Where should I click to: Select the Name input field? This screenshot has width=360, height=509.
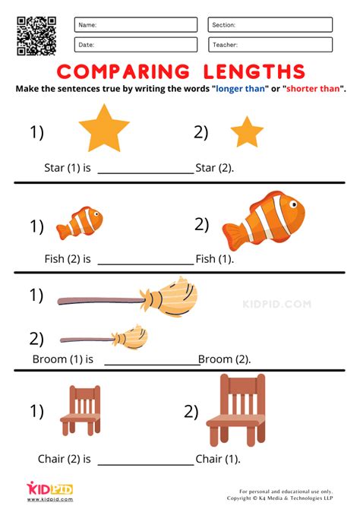tap(136, 25)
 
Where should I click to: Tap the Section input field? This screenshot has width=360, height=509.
tap(270, 25)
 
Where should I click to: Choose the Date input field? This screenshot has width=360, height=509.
tap(136, 45)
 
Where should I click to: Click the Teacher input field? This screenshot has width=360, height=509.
tap(270, 45)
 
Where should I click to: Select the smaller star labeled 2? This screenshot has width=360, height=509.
tap(246, 132)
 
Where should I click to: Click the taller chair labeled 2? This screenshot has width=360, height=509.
tap(236, 410)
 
